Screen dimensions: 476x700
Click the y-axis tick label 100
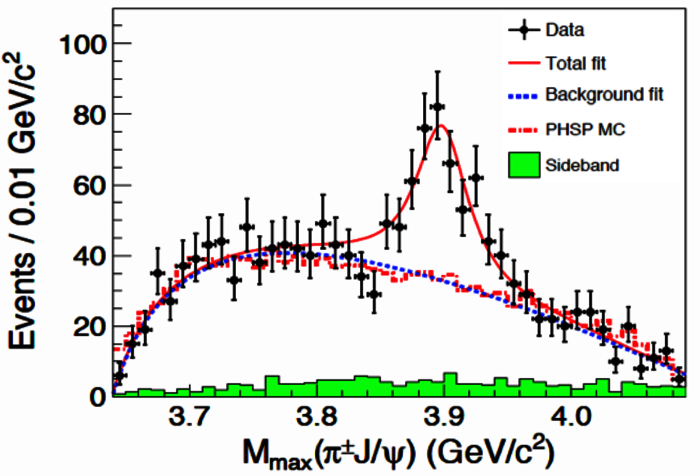pos(83,45)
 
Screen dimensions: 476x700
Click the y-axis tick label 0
pos(98,397)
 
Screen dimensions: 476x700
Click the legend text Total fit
pos(576,63)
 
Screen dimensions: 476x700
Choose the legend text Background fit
pos(604,95)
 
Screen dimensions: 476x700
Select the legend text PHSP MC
pos(585,130)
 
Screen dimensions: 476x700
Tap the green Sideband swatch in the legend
pos(524,165)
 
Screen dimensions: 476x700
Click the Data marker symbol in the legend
pos(524,30)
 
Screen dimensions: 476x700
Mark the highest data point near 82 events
pos(437,107)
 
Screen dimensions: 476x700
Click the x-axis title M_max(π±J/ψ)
pos(397,452)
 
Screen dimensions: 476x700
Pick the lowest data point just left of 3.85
pos(374,294)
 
